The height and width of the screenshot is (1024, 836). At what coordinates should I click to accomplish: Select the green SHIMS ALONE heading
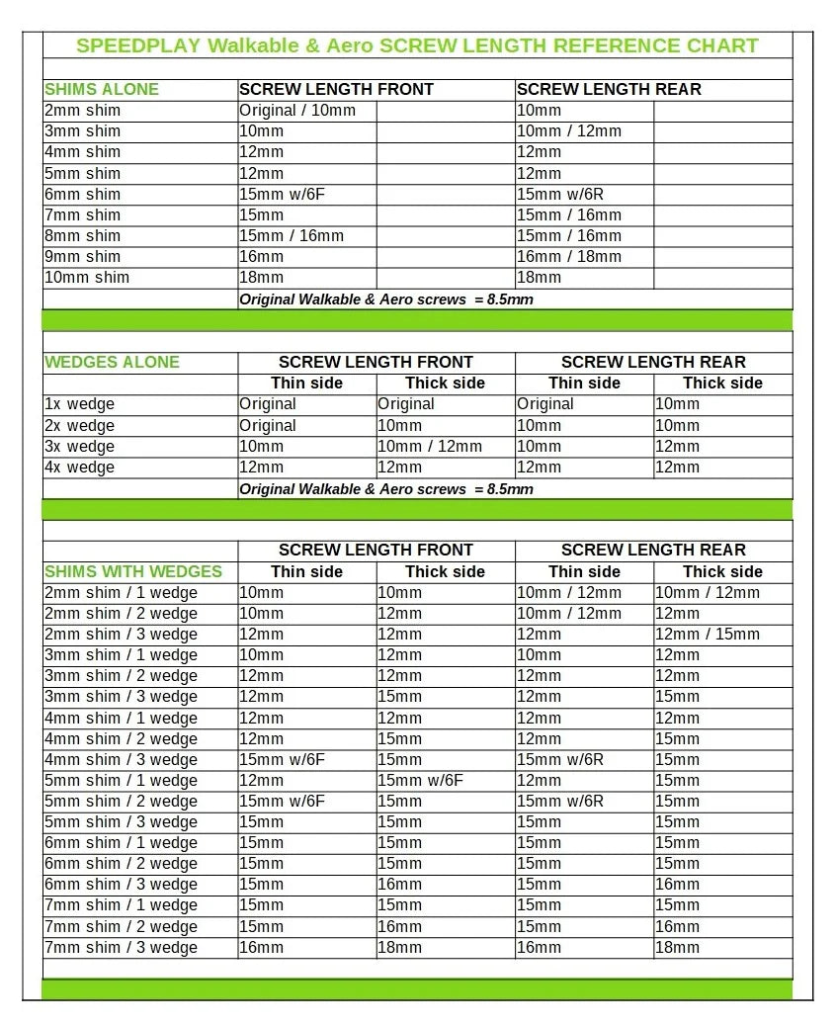(102, 89)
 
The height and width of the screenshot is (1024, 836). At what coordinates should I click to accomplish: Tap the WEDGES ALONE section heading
(113, 362)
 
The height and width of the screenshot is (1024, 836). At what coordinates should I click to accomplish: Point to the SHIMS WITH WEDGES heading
(133, 571)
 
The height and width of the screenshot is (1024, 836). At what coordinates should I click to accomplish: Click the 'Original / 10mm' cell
(297, 111)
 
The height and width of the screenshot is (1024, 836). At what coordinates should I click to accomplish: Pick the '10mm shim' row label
(87, 278)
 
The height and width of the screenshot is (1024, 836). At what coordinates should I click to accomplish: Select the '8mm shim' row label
(83, 236)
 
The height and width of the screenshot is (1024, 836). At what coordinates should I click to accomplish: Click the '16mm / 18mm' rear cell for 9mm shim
(569, 257)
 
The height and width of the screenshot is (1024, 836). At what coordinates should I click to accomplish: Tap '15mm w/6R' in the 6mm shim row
(560, 195)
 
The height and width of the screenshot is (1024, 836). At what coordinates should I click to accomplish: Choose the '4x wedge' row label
(80, 468)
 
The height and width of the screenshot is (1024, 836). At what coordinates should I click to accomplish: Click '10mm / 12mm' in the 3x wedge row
(430, 447)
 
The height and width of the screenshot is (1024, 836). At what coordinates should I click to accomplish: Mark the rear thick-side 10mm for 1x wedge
(678, 404)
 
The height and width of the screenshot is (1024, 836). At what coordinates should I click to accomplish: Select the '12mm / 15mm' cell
(708, 635)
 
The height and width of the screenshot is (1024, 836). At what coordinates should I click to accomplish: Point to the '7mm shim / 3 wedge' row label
(122, 948)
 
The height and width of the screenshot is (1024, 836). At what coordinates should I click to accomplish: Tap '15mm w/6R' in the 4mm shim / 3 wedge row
(560, 760)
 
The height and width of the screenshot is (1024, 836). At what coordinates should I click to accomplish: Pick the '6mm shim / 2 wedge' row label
(122, 864)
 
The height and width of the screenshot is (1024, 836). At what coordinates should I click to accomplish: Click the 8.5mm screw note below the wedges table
(386, 489)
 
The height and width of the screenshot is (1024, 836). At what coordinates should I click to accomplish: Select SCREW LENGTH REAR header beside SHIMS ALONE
(609, 89)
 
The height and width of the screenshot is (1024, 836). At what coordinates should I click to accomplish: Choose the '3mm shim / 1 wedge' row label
(122, 655)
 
